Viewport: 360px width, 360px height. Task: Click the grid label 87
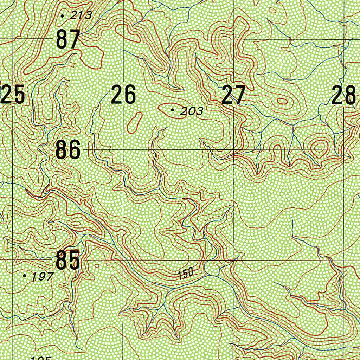pos(68,39)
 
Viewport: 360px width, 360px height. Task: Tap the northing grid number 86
pos(68,150)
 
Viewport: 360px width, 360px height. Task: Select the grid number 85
pos(67,261)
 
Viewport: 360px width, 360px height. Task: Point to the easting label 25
pos(13,95)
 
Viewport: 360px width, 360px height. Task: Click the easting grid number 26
pos(123,95)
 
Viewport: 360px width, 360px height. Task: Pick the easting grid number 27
pos(233,95)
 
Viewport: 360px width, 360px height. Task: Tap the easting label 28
pos(344,95)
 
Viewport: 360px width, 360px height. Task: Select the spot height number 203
pos(191,112)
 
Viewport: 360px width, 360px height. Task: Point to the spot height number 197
pos(42,276)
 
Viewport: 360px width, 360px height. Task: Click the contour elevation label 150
pos(186,273)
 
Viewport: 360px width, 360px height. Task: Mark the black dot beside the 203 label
pos(172,110)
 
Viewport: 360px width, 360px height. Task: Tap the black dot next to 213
pos(63,15)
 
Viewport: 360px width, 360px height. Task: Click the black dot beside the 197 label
pos(24,276)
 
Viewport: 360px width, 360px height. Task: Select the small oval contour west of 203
pos(134,122)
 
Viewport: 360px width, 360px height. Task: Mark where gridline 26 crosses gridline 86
pos(123,149)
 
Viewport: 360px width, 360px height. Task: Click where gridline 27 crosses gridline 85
pos(234,260)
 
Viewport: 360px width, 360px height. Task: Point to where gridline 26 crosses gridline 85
pos(123,260)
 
